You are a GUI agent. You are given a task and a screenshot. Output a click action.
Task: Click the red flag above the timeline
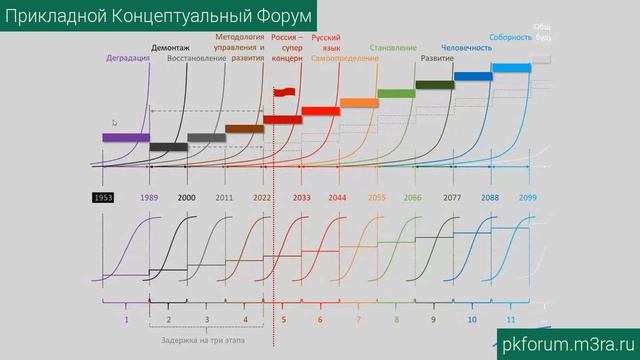click(x=285, y=93)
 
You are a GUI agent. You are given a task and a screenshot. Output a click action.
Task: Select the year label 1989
click(x=149, y=198)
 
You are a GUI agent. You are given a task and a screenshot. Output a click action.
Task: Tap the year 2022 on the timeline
click(x=262, y=198)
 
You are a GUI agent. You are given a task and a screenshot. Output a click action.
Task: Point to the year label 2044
click(x=338, y=198)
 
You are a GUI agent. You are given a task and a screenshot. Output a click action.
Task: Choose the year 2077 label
click(x=451, y=198)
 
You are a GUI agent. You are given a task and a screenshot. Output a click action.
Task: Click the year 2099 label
click(x=528, y=198)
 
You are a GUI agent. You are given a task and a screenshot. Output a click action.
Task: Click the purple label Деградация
click(x=128, y=58)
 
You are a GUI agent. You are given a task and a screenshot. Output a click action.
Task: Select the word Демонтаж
click(x=171, y=47)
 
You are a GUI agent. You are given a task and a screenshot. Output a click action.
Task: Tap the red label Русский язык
click(x=327, y=42)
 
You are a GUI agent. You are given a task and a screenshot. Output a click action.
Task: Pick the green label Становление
click(x=393, y=47)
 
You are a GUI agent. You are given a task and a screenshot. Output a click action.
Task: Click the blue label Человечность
click(x=466, y=47)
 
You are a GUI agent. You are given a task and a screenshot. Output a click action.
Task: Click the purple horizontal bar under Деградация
click(x=126, y=137)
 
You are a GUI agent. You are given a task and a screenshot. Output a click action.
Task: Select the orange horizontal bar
click(x=358, y=102)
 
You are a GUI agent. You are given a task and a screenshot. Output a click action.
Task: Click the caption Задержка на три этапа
click(x=209, y=340)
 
